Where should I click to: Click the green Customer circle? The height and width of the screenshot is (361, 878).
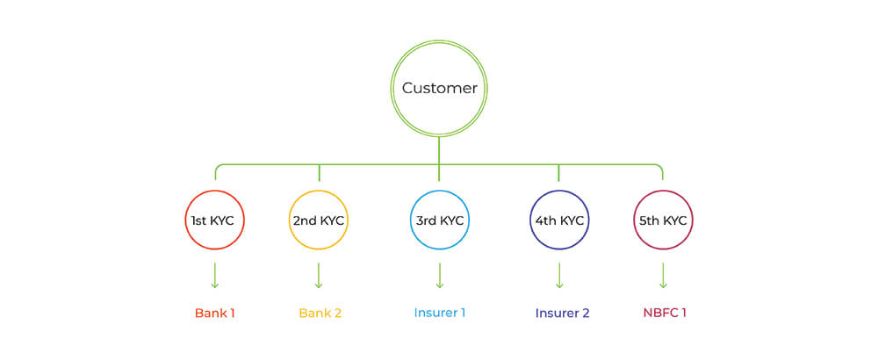[x=439, y=88]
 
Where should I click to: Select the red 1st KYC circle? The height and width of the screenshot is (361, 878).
[x=214, y=220]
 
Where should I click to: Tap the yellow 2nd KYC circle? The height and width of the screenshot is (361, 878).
[x=319, y=220]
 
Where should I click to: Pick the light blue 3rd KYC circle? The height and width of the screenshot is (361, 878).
[x=439, y=220]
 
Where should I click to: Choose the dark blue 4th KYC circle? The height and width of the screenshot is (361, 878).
[x=559, y=220]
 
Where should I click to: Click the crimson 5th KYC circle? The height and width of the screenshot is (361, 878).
[x=663, y=220]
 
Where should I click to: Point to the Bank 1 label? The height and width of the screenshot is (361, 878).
[x=214, y=313]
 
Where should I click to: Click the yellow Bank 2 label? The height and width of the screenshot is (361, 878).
[x=320, y=313]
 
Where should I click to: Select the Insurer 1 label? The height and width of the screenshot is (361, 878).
[x=439, y=313]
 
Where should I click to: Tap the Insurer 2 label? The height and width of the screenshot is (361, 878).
[x=562, y=313]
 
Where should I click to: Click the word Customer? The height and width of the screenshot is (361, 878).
[x=439, y=89]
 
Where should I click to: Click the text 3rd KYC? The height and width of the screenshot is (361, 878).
[x=439, y=221]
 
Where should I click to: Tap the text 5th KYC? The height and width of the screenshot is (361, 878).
[x=663, y=221]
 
